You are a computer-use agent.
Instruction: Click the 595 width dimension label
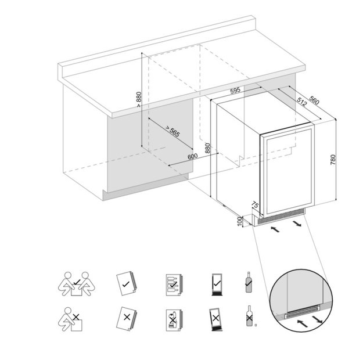[x=235, y=91]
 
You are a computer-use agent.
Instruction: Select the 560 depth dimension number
[x=314, y=100]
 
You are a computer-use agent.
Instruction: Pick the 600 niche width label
[x=193, y=156]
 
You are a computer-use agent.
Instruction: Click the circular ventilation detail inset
[x=300, y=301]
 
